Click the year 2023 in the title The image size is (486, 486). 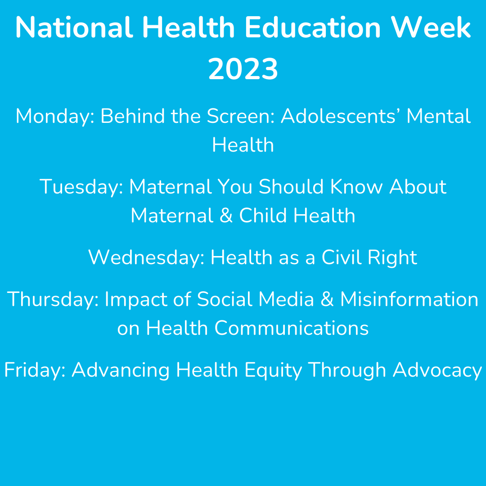click(243, 70)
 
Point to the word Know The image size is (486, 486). click(356, 187)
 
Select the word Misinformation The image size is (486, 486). click(409, 300)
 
